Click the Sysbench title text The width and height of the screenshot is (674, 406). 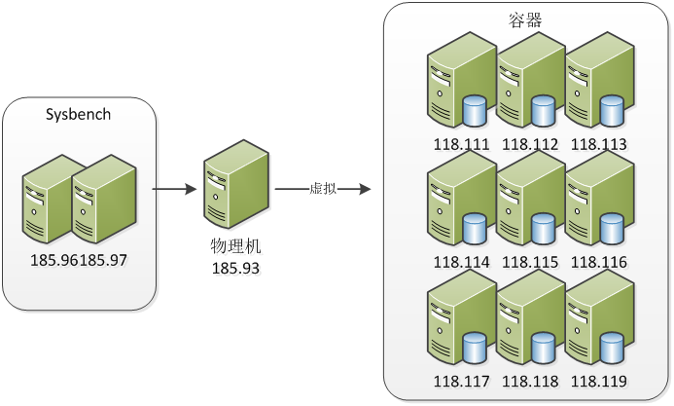point(79,114)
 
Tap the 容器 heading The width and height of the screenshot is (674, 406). point(526,20)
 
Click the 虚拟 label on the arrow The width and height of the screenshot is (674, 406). point(322,188)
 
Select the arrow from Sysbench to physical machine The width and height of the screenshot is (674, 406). point(175,188)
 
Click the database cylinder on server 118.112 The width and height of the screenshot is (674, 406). point(543,110)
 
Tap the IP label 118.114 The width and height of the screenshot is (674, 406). point(461,263)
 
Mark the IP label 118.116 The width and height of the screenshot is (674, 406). point(598,263)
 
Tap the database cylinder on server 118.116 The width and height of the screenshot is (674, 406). point(611,230)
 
